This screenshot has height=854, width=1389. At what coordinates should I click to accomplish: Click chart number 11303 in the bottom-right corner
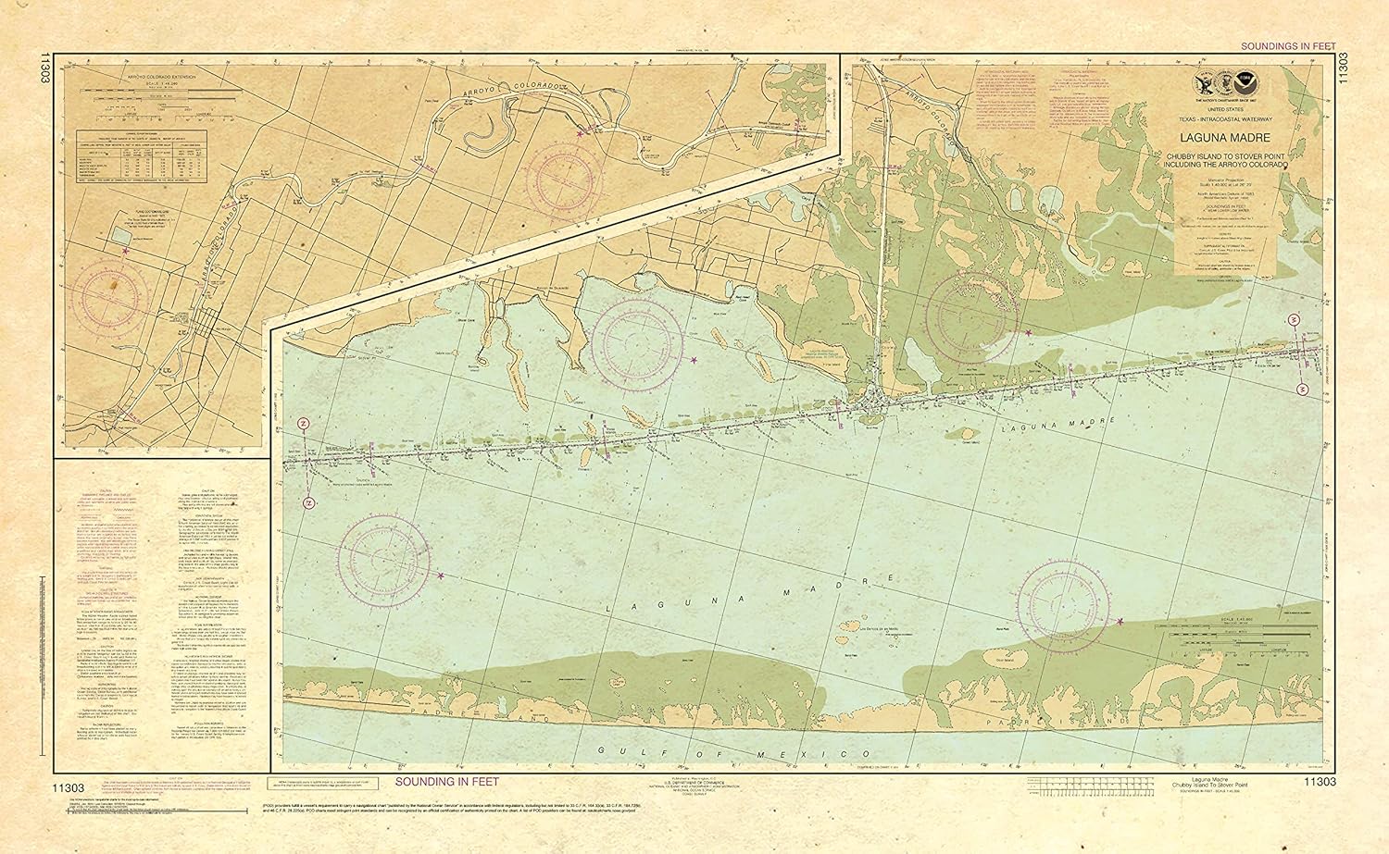[x=1319, y=782]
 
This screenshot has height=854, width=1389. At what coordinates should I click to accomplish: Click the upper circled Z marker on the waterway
[x=303, y=424]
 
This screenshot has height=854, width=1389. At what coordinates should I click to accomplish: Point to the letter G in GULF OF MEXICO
[x=599, y=750]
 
